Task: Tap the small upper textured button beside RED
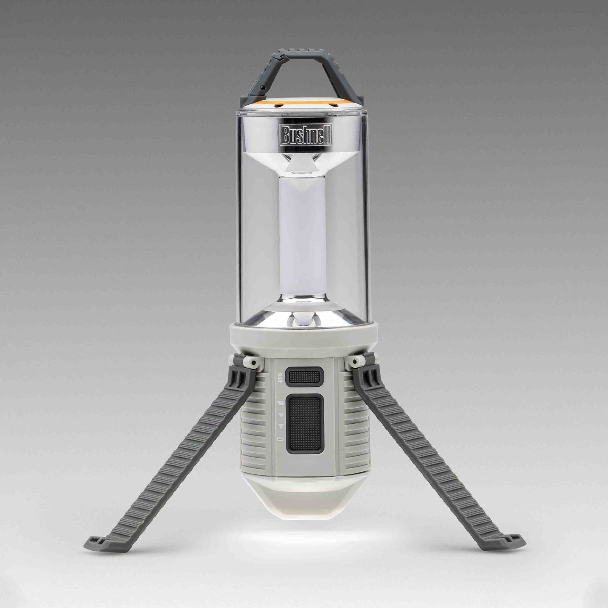click(x=304, y=375)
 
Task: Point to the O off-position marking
click(x=281, y=439)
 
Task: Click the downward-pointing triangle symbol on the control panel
click(x=281, y=427)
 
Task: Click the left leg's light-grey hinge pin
click(x=252, y=362)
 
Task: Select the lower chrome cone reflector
click(x=303, y=313)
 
